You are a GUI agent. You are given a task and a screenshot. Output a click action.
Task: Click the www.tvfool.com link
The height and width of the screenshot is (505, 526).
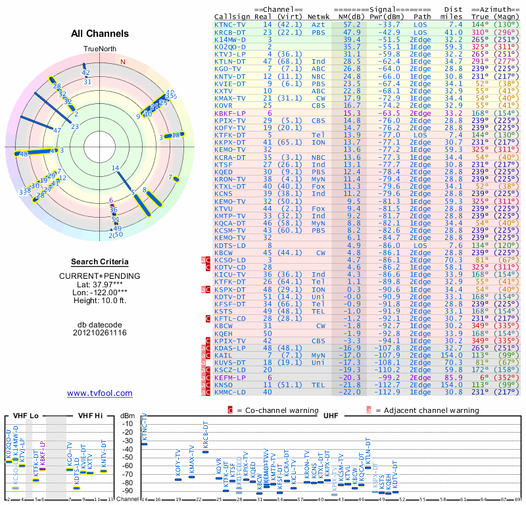click(x=99, y=393)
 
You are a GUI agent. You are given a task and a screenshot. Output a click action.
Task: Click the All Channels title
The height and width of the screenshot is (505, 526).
click(x=99, y=34)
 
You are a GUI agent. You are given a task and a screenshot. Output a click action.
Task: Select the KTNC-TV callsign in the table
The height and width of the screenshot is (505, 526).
click(x=230, y=24)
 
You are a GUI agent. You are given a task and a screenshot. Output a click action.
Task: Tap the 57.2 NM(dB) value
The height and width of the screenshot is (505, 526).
click(x=347, y=24)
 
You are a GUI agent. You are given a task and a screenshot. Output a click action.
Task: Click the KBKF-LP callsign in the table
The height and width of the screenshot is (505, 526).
click(x=230, y=113)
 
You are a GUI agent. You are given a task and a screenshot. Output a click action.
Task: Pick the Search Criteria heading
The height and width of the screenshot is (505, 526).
click(x=99, y=262)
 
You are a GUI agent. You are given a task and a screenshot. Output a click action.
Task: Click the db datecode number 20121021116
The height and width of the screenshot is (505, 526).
click(x=99, y=333)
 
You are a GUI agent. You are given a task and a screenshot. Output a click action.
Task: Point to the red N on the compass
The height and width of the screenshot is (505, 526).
click(x=122, y=62)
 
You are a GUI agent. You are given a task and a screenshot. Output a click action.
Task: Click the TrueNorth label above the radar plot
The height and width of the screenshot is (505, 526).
click(x=99, y=49)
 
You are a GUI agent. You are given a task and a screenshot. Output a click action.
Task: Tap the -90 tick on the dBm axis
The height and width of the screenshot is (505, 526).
click(x=128, y=491)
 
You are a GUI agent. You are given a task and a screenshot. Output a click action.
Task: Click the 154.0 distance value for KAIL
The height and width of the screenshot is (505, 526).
click(x=453, y=356)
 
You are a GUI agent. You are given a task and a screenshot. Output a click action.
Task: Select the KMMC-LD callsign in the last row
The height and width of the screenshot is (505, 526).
click(x=230, y=391)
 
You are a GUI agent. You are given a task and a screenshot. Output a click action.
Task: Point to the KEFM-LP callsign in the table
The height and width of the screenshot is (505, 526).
click(x=230, y=378)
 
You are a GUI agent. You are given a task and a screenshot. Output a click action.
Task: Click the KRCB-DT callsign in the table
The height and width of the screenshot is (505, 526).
click(x=230, y=32)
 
